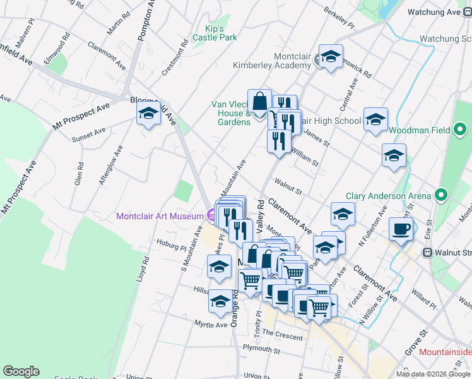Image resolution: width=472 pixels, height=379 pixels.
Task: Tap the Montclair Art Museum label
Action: point(160,216)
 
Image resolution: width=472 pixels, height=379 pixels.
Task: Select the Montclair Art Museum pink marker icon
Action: point(211,216)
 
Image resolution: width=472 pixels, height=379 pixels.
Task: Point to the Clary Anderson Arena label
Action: point(387,196)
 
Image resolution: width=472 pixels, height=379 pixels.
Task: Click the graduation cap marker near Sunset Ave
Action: point(148,115)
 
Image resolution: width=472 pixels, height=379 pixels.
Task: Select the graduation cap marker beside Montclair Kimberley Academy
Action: point(330,57)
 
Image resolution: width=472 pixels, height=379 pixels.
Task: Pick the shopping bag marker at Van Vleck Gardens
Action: point(259,101)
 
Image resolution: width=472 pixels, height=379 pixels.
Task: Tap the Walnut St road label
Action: point(288,186)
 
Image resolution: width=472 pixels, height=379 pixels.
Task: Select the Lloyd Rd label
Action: point(146,268)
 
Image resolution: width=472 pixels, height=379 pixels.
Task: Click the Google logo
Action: point(21,371)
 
